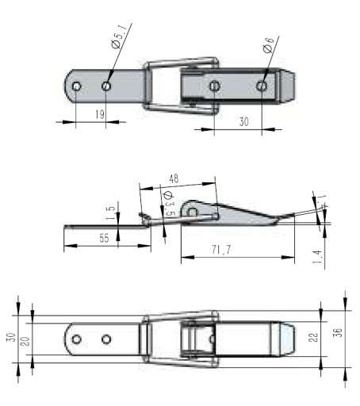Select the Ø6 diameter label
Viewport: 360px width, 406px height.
pos(268,45)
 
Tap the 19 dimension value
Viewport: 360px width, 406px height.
pos(100,114)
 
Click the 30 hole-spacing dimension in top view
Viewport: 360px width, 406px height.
pos(243,122)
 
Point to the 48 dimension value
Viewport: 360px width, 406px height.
pos(174,179)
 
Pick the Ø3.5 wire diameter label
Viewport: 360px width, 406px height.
pos(169,204)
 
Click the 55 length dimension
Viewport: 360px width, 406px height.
pos(104,238)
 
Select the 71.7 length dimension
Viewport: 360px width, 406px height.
pos(221,250)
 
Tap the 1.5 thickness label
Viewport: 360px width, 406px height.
pos(111,213)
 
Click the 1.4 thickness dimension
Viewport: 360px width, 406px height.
pos(317,257)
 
